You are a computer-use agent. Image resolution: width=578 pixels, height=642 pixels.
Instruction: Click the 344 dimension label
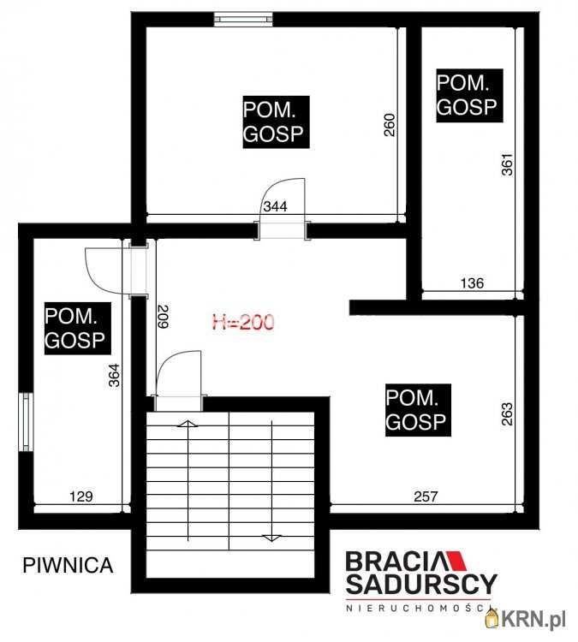pyautogui.click(x=275, y=206)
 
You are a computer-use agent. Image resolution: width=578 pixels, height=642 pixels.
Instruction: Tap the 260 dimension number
pyautogui.click(x=390, y=125)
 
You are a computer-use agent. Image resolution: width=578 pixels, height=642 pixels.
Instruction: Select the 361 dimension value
pyautogui.click(x=507, y=164)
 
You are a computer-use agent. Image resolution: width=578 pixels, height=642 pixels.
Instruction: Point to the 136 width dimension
pyautogui.click(x=472, y=283)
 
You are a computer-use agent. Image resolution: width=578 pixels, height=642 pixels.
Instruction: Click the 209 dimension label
pyautogui.click(x=163, y=317)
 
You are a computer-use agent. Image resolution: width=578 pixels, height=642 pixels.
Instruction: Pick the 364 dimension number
pyautogui.click(x=114, y=375)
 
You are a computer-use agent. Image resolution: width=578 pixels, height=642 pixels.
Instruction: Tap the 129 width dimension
pyautogui.click(x=81, y=496)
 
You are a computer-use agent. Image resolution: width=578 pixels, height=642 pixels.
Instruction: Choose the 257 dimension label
pyautogui.click(x=426, y=496)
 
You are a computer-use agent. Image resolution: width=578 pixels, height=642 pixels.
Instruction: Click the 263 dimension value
pyautogui.click(x=507, y=414)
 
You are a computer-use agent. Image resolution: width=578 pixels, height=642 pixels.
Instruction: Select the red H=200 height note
pyautogui.click(x=243, y=322)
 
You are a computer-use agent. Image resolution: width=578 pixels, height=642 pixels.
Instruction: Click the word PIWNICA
pyautogui.click(x=68, y=566)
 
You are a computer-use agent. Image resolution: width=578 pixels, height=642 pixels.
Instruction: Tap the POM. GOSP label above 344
pyautogui.click(x=276, y=122)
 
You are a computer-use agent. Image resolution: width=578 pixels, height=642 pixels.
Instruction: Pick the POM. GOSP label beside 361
pyautogui.click(x=469, y=95)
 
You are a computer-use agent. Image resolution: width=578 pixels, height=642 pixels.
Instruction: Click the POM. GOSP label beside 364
pyautogui.click(x=77, y=328)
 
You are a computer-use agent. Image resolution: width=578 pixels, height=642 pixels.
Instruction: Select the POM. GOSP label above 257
pyautogui.click(x=418, y=410)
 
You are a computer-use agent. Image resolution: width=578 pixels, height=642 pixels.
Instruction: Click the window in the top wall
pyautogui.click(x=243, y=19)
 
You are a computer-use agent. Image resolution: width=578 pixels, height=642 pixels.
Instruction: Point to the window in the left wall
pyautogui.click(x=27, y=422)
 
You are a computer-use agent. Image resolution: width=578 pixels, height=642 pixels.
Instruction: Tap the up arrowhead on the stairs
pyautogui.click(x=188, y=425)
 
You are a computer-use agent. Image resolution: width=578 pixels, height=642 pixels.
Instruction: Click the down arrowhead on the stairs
pyautogui.click(x=271, y=538)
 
